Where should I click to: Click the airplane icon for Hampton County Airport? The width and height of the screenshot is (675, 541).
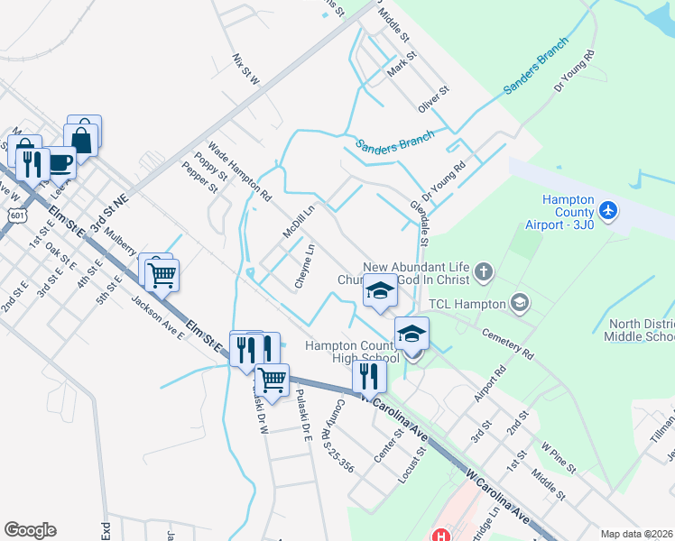pyautogui.click(x=609, y=210)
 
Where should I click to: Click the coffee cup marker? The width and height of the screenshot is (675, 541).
pyautogui.click(x=60, y=163)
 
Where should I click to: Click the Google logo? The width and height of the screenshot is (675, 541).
pyautogui.click(x=30, y=530)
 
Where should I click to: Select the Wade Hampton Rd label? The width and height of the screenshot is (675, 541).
pyautogui.click(x=239, y=170)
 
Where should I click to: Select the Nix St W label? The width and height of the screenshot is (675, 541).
pyautogui.click(x=245, y=69)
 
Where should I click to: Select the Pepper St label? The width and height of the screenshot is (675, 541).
pyautogui.click(x=199, y=178)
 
